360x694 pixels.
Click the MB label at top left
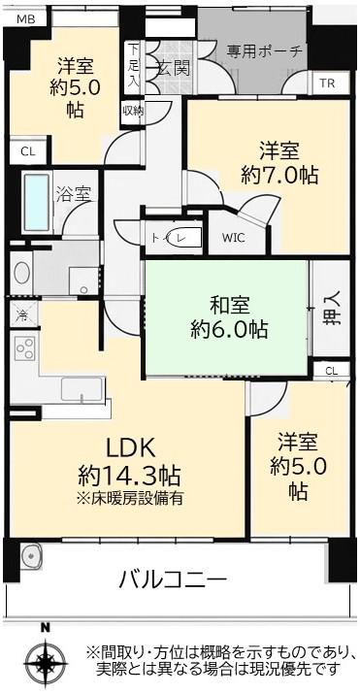(x=25, y=19)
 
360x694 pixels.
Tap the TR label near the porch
(x=326, y=84)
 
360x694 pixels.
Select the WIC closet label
(x=235, y=236)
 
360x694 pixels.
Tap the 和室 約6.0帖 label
(x=229, y=317)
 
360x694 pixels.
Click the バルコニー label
(x=174, y=580)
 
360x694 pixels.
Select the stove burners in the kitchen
(x=22, y=349)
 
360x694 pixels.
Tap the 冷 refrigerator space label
(x=21, y=315)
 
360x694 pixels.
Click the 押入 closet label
(x=332, y=314)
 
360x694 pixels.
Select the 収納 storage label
(x=132, y=111)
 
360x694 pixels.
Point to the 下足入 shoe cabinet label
(x=132, y=65)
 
